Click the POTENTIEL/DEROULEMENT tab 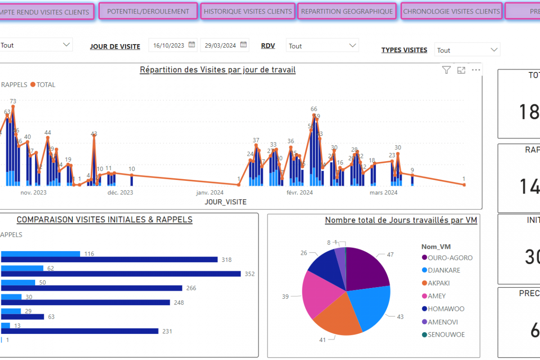click(148, 11)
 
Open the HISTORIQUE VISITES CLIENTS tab click(248, 11)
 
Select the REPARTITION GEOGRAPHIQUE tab click(347, 11)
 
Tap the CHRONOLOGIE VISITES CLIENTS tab click(451, 11)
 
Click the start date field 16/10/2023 click(169, 45)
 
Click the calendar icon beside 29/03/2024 click(243, 45)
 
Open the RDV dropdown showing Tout click(322, 46)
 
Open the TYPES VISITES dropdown click(467, 50)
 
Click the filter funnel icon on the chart click(446, 70)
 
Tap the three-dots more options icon click(476, 70)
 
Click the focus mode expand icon click(461, 70)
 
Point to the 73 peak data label click(13, 101)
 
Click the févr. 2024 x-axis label click(300, 193)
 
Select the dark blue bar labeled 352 click(121, 274)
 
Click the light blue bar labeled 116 click(40, 254)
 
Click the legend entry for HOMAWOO click(446, 309)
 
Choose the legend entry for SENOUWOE click(446, 334)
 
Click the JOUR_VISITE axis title click(225, 202)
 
